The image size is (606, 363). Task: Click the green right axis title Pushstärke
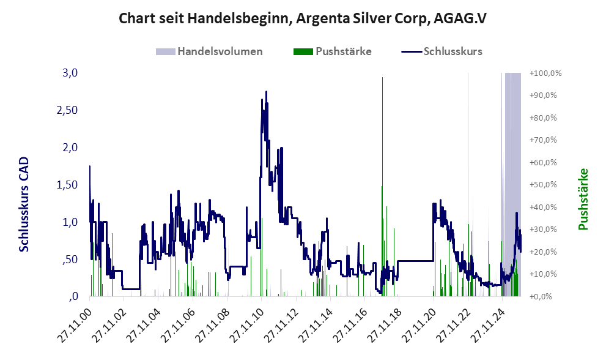click(583, 200)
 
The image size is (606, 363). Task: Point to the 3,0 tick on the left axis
click(71, 73)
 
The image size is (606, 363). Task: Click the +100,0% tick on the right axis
click(545, 73)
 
